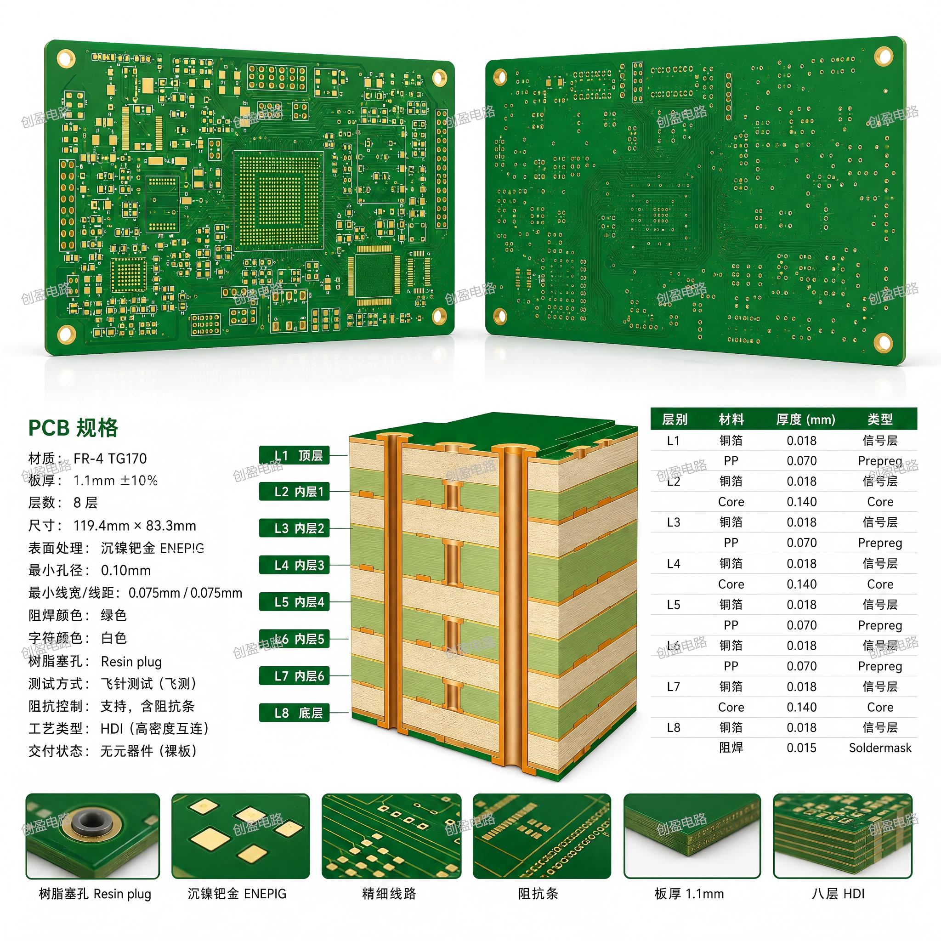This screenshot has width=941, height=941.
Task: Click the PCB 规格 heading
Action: (x=73, y=428)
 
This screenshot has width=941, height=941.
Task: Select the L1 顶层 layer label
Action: (x=294, y=455)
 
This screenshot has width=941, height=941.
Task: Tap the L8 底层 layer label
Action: (x=294, y=713)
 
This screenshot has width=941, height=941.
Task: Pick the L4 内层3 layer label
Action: (x=294, y=565)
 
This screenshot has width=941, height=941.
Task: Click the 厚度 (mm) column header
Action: (x=805, y=419)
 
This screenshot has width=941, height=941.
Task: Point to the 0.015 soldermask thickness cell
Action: (x=802, y=748)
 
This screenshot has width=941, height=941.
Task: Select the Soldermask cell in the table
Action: (x=880, y=748)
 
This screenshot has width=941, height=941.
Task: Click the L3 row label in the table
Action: (x=674, y=522)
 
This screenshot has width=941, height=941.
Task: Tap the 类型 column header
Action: (x=880, y=419)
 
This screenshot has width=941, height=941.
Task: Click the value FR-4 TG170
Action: (x=110, y=458)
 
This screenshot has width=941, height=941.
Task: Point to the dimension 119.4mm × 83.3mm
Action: (x=135, y=526)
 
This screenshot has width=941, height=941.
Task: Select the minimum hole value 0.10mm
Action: (x=125, y=570)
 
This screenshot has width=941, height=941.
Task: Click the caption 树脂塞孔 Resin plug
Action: (x=95, y=894)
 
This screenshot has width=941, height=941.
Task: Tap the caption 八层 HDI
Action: (x=838, y=894)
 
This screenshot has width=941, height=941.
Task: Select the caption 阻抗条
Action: (x=538, y=894)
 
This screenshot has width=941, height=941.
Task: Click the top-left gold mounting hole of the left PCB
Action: (x=66, y=58)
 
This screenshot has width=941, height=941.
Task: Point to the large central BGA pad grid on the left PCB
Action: (x=278, y=200)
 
